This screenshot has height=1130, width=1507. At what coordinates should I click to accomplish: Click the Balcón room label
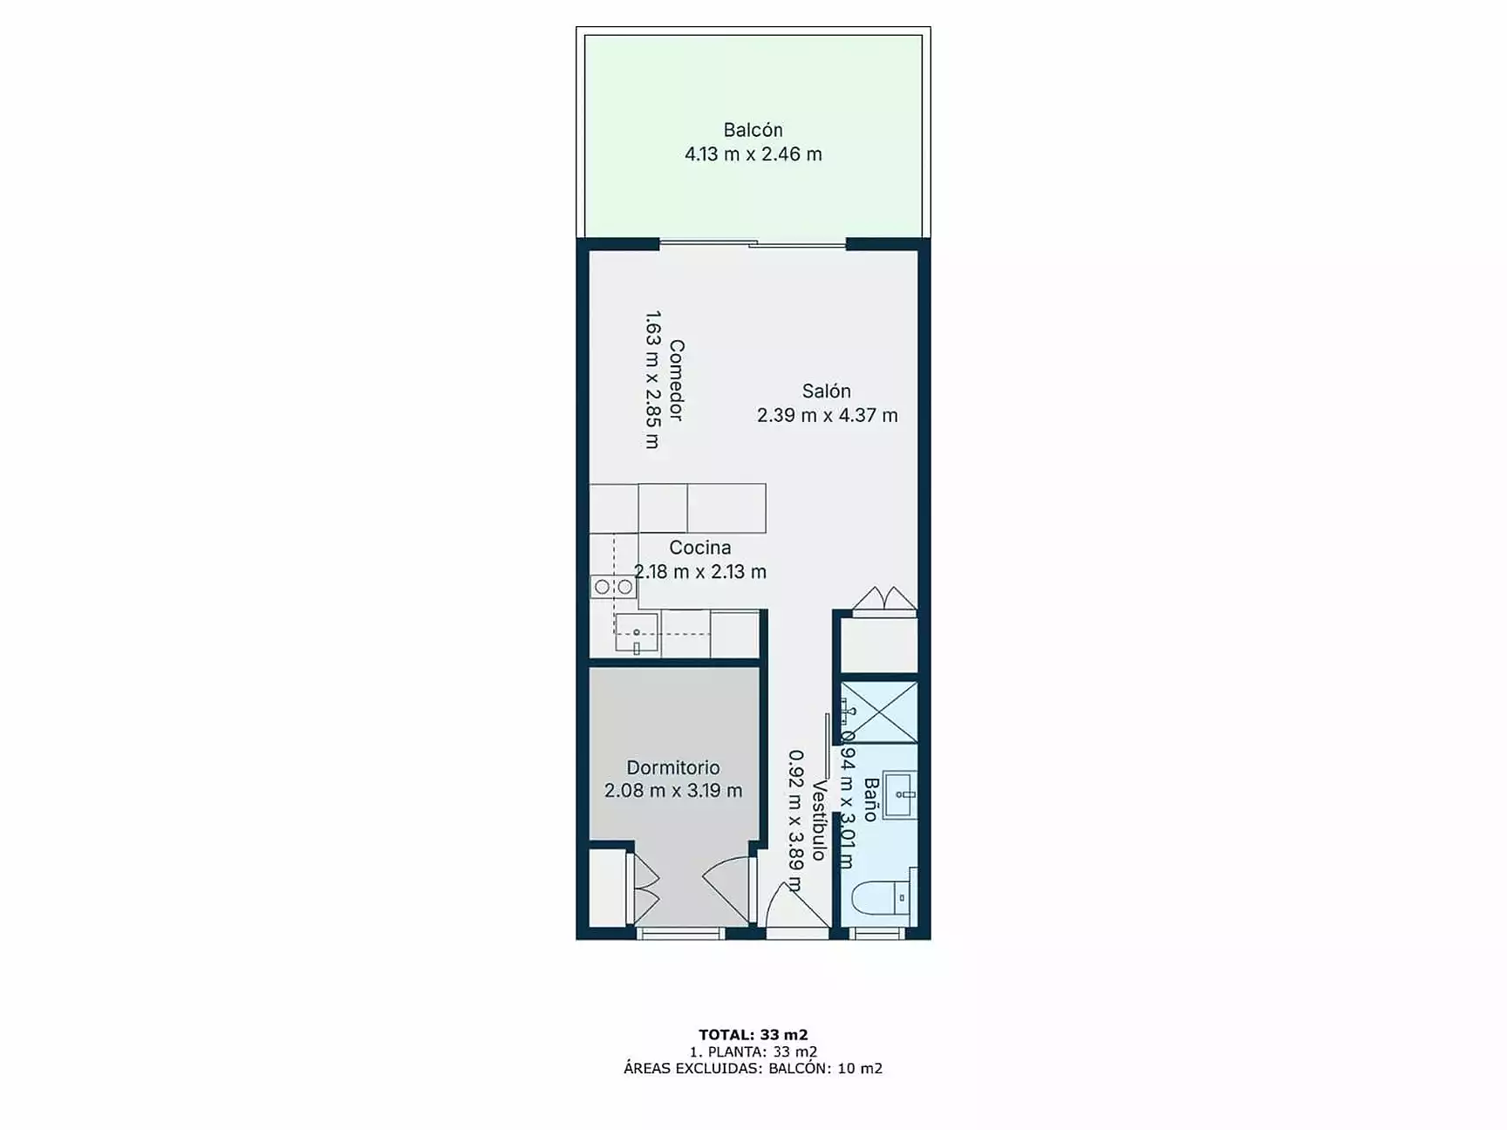[x=753, y=130]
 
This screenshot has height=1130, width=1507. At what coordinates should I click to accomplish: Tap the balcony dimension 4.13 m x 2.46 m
[x=753, y=154]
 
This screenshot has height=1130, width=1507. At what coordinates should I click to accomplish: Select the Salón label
[x=826, y=391]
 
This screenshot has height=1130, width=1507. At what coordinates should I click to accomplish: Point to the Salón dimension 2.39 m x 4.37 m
[x=827, y=415]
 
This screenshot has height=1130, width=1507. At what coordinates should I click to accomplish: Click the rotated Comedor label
[x=676, y=380]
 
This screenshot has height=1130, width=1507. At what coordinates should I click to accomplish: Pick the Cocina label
[x=699, y=548]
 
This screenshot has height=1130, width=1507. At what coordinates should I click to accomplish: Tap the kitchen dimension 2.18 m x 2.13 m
[x=699, y=572]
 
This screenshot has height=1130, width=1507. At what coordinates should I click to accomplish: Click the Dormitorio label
[x=672, y=767]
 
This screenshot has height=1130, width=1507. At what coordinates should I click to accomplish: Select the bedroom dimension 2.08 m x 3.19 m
[x=672, y=791]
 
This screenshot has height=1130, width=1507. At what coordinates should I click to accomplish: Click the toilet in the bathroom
[x=881, y=898]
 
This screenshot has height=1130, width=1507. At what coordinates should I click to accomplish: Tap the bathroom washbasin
[x=900, y=794]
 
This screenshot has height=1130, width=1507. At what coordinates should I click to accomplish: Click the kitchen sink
[x=637, y=632]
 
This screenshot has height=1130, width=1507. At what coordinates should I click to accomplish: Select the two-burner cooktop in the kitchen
[x=613, y=587]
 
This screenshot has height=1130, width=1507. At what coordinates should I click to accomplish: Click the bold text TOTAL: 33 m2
[x=753, y=1035]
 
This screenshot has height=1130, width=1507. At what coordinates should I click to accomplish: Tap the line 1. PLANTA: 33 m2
[x=753, y=1052]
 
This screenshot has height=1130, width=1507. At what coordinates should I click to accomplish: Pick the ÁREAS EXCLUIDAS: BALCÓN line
[x=753, y=1068]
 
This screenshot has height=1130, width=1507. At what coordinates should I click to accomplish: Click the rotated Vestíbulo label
[x=819, y=820]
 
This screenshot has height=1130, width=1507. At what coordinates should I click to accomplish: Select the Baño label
[x=869, y=800]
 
